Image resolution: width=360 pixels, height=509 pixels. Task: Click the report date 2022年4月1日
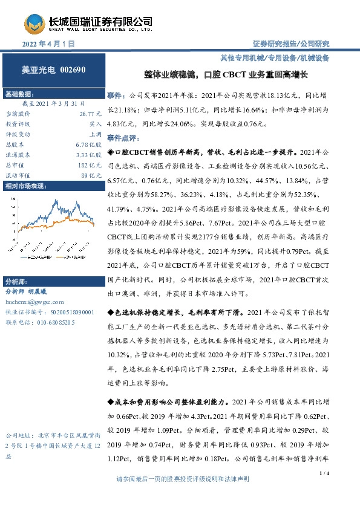coord(48,44)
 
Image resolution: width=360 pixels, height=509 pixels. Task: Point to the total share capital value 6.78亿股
coord(90,144)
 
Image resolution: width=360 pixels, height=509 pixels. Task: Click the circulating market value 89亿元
coord(93,175)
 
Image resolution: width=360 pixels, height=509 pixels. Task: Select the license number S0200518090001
coord(71,311)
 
